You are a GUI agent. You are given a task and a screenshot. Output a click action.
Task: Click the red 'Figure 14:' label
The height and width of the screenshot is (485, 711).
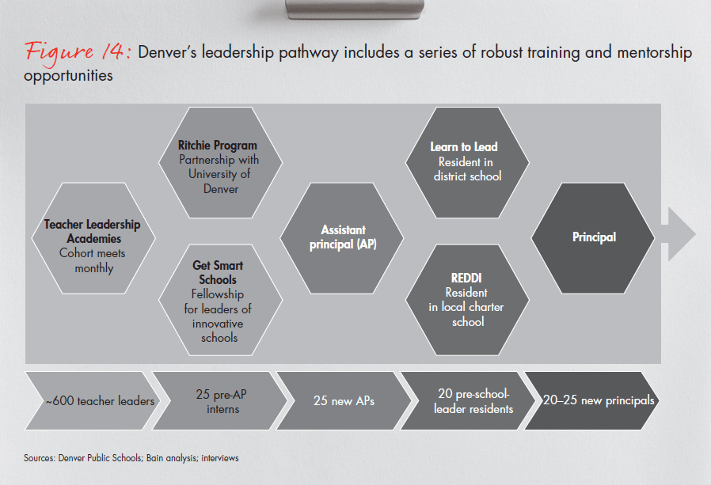point(78,51)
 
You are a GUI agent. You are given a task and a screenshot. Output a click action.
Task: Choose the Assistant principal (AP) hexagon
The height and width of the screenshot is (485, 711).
point(343,237)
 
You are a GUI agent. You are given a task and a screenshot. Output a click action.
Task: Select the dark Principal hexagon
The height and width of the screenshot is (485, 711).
point(593,237)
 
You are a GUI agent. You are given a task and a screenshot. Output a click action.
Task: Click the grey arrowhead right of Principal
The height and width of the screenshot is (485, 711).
point(680,235)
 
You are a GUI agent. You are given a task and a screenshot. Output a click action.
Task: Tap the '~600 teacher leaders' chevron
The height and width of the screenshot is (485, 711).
point(91,401)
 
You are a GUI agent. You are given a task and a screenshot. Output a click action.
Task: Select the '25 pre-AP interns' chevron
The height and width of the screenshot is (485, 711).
point(217,400)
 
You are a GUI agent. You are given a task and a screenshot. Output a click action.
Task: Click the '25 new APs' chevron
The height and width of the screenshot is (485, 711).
point(344,401)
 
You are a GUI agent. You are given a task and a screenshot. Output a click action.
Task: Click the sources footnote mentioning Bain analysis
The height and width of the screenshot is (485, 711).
point(131,458)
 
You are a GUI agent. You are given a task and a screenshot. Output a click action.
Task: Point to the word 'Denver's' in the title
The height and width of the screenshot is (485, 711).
point(168,54)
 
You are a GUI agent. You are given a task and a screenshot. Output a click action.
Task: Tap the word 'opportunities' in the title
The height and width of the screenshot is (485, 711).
point(69,77)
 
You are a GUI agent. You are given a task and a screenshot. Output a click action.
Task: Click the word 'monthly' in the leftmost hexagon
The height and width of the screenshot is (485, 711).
point(93,268)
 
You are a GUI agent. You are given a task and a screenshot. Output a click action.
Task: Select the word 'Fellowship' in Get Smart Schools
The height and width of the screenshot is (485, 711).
point(218,294)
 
